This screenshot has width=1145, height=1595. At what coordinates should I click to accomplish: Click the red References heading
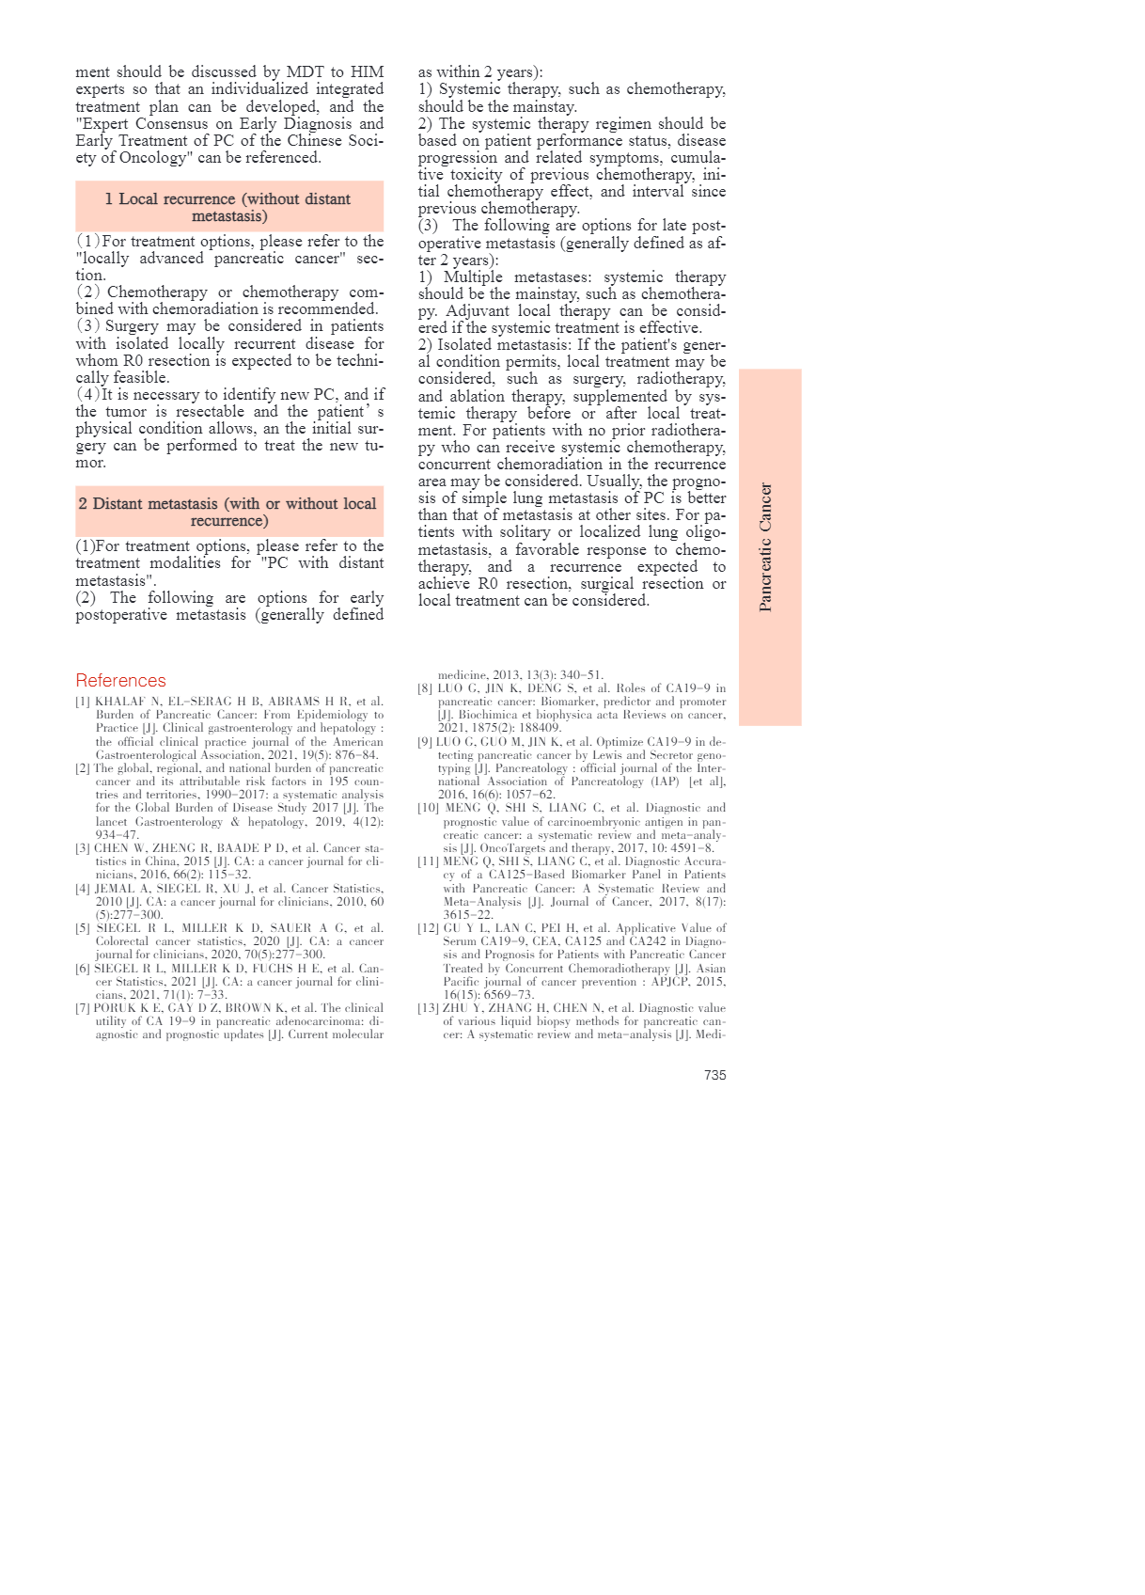tap(120, 680)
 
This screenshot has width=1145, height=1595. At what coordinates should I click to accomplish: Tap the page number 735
tap(714, 1075)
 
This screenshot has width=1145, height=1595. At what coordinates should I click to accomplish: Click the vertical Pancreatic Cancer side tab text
tap(765, 547)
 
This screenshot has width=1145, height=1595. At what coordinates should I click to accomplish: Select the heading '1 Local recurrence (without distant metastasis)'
tap(228, 207)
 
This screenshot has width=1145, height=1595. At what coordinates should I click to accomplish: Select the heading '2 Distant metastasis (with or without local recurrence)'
tap(228, 512)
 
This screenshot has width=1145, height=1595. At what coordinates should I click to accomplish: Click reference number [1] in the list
tap(83, 702)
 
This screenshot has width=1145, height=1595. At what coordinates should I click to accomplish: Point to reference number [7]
tap(83, 1008)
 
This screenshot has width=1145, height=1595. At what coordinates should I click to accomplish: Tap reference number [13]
tap(428, 1008)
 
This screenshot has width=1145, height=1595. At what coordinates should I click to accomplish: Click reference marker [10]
tap(428, 808)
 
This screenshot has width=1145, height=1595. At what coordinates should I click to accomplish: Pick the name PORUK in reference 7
tap(115, 1008)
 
